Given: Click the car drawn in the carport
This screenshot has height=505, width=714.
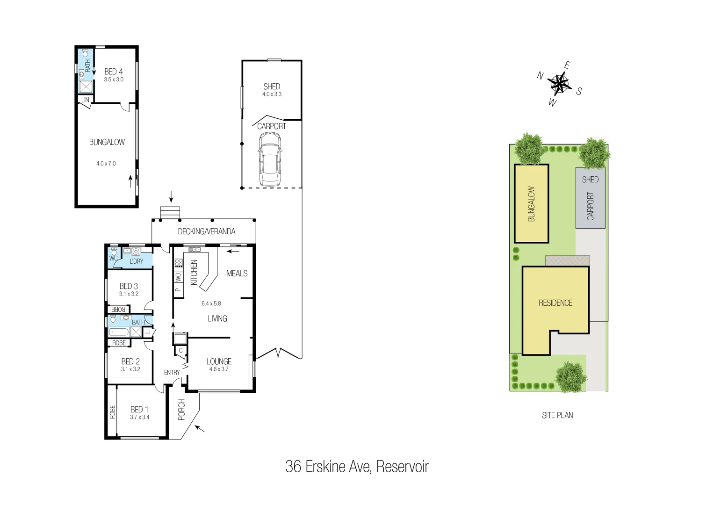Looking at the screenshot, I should (x=270, y=159).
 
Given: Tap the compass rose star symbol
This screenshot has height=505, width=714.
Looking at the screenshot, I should (x=559, y=84).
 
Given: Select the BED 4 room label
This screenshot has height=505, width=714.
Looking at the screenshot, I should (x=114, y=72).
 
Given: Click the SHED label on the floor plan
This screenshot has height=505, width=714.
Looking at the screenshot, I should (x=272, y=87).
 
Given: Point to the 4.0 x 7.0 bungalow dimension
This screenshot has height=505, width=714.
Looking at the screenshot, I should (x=106, y=164).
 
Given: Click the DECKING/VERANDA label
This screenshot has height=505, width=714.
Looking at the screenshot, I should (x=206, y=231).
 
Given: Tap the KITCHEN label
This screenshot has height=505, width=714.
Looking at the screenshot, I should (x=194, y=272).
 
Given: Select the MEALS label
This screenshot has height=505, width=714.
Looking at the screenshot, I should (x=237, y=274).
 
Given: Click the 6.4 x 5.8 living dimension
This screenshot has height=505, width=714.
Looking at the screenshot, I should (x=211, y=303).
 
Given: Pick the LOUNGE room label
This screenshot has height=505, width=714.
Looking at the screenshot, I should (x=219, y=361).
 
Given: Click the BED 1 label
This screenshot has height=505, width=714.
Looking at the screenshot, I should (x=139, y=410).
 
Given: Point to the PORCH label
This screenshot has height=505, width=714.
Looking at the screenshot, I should (x=182, y=410).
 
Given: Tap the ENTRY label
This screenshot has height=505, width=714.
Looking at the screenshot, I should (x=172, y=373).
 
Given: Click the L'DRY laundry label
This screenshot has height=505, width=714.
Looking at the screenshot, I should (x=137, y=261).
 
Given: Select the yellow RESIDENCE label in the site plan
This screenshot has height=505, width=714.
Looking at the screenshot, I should (x=555, y=303).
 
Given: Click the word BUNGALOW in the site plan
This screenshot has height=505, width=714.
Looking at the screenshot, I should (x=532, y=204).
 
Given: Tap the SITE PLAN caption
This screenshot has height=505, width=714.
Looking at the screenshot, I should (x=557, y=415).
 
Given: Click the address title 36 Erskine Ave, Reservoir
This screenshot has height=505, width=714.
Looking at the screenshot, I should (x=357, y=467).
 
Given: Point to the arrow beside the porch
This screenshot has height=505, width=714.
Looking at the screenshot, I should (x=200, y=428).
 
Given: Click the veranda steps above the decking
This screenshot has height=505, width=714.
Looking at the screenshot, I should (x=170, y=212).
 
